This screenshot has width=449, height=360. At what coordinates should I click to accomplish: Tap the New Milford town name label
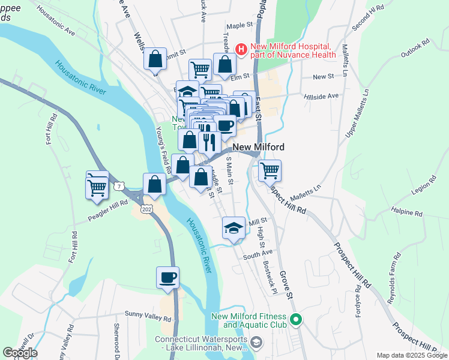click(258, 147)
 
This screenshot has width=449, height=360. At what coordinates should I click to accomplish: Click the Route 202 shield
click(148, 208)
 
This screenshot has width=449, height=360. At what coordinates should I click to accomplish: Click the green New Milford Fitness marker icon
click(295, 319)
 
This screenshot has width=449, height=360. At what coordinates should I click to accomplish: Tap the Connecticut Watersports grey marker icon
click(256, 343)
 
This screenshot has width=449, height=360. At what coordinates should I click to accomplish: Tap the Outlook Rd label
click(416, 49)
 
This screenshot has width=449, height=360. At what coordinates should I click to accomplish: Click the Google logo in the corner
click(20, 353)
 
